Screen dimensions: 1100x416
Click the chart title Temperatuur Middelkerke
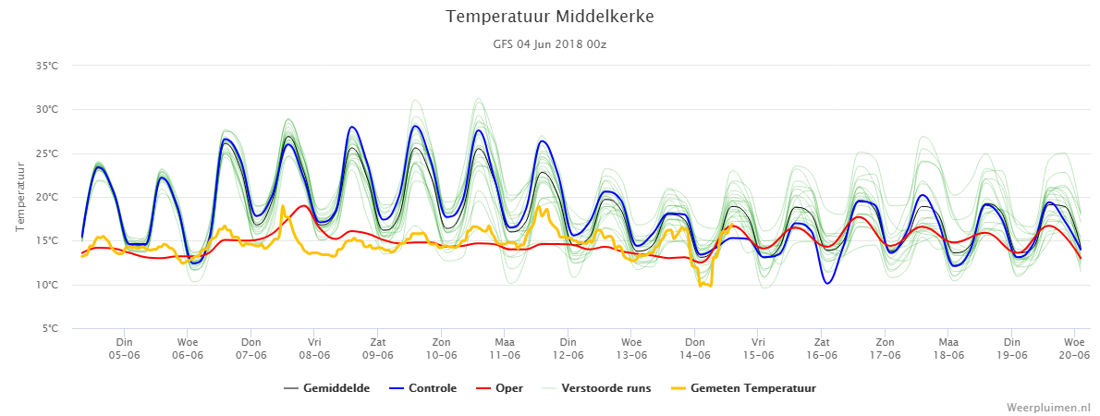(549, 16)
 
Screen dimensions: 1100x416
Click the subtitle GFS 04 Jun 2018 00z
(549, 43)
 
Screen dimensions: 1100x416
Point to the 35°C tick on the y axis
(48, 66)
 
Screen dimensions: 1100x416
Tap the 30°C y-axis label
(48, 109)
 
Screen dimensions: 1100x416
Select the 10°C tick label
(48, 285)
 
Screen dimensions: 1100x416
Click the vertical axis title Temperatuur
(20, 196)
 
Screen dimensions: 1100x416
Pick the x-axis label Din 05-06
(124, 349)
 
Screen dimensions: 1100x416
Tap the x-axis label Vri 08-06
(314, 349)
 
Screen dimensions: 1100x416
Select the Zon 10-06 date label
(441, 349)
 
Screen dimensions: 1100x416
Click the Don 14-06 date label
(694, 349)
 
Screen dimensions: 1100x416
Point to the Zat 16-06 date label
(822, 349)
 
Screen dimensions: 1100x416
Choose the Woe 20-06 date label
(1074, 349)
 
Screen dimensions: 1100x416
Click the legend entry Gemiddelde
(327, 388)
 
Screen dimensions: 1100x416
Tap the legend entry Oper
(499, 388)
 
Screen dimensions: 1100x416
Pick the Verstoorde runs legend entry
(595, 388)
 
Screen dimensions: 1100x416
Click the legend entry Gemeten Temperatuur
(741, 388)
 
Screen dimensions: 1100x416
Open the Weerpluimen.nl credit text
(1049, 408)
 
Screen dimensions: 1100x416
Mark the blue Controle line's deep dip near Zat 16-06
(828, 283)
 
